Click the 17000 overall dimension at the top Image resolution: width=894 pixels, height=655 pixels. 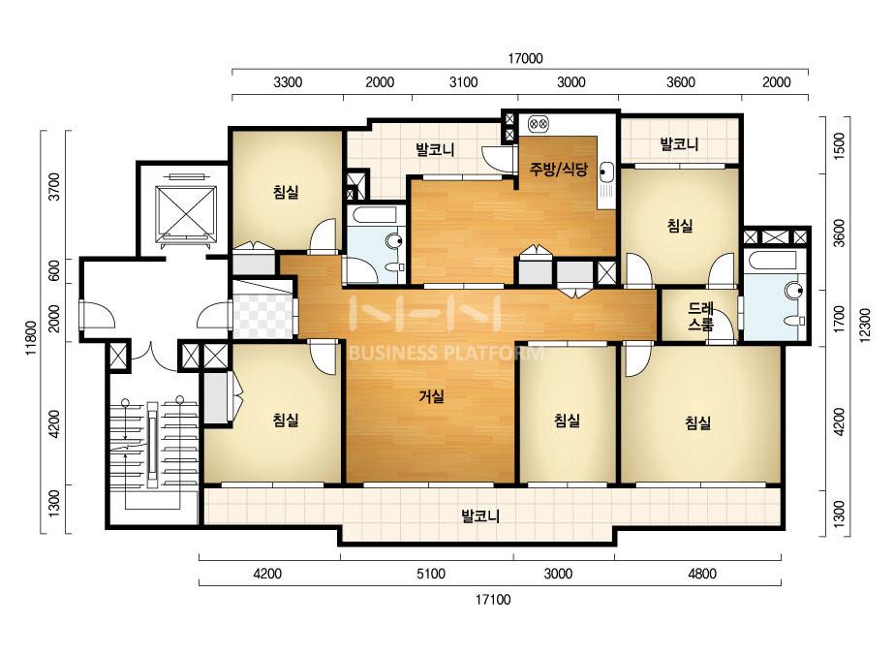525,58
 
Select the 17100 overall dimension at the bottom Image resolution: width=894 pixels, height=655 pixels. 493,600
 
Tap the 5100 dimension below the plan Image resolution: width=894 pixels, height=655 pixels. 430,574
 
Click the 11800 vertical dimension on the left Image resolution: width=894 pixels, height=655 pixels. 31,338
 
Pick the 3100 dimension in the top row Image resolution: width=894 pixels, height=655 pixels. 463,82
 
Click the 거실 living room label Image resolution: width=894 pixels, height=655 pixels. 431,395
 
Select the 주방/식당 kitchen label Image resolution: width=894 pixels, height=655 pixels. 558,169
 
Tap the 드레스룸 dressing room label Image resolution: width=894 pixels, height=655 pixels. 700,317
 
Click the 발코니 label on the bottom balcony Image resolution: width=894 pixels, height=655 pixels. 480,516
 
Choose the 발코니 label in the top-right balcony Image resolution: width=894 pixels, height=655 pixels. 679,143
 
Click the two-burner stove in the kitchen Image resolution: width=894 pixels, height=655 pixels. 539,123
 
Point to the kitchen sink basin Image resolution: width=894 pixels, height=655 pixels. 606,171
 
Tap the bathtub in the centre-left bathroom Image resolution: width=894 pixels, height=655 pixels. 374,216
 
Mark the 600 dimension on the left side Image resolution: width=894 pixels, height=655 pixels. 54,270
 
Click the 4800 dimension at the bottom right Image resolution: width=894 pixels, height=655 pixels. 701,574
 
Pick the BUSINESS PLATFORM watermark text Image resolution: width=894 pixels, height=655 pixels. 446,353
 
